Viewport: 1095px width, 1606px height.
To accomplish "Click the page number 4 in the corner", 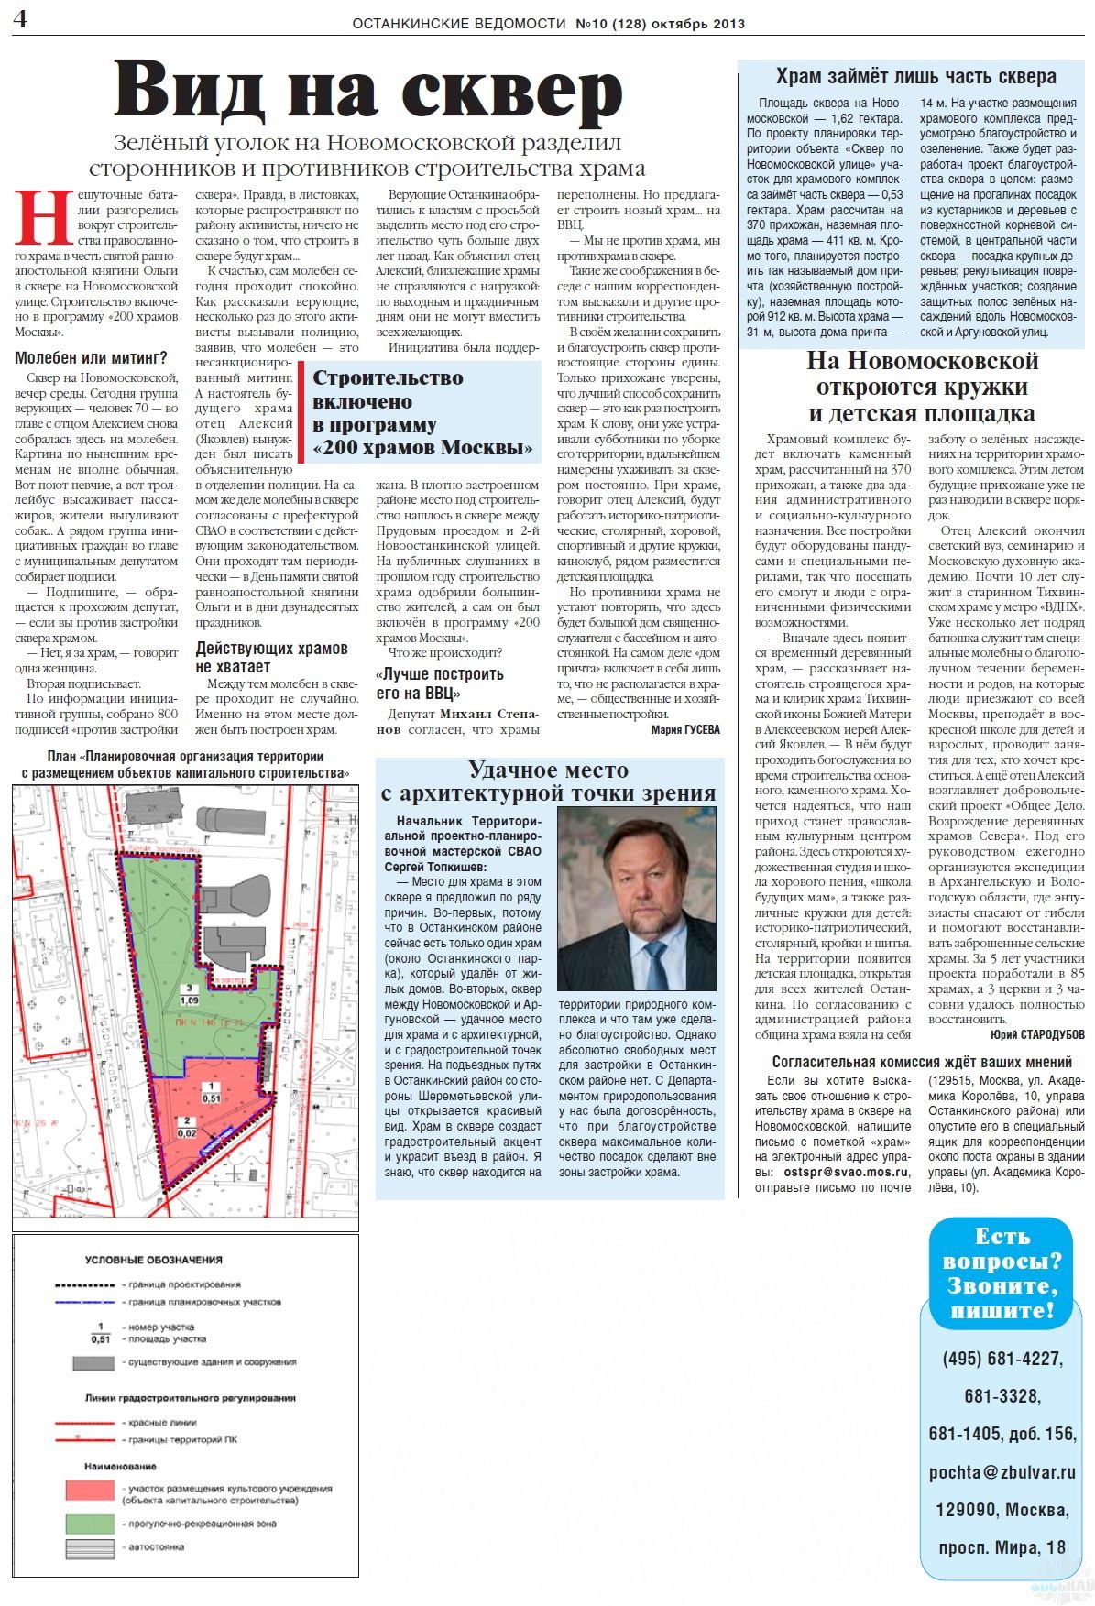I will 20,19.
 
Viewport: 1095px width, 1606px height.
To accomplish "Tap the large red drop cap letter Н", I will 44,219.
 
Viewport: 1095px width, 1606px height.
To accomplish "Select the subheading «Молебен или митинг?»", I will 91,358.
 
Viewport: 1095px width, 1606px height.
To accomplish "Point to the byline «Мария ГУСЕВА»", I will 685,730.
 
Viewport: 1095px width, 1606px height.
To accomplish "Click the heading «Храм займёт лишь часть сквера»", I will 915,77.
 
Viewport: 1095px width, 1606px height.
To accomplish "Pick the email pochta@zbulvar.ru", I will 1002,1472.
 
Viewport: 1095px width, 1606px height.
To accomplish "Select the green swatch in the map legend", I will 90,1524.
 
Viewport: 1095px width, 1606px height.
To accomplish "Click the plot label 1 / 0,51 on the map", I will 211,1092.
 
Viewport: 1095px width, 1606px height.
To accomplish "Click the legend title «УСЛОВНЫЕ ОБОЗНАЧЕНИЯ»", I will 154,1260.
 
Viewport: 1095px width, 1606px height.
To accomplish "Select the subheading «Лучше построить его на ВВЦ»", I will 440,683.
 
